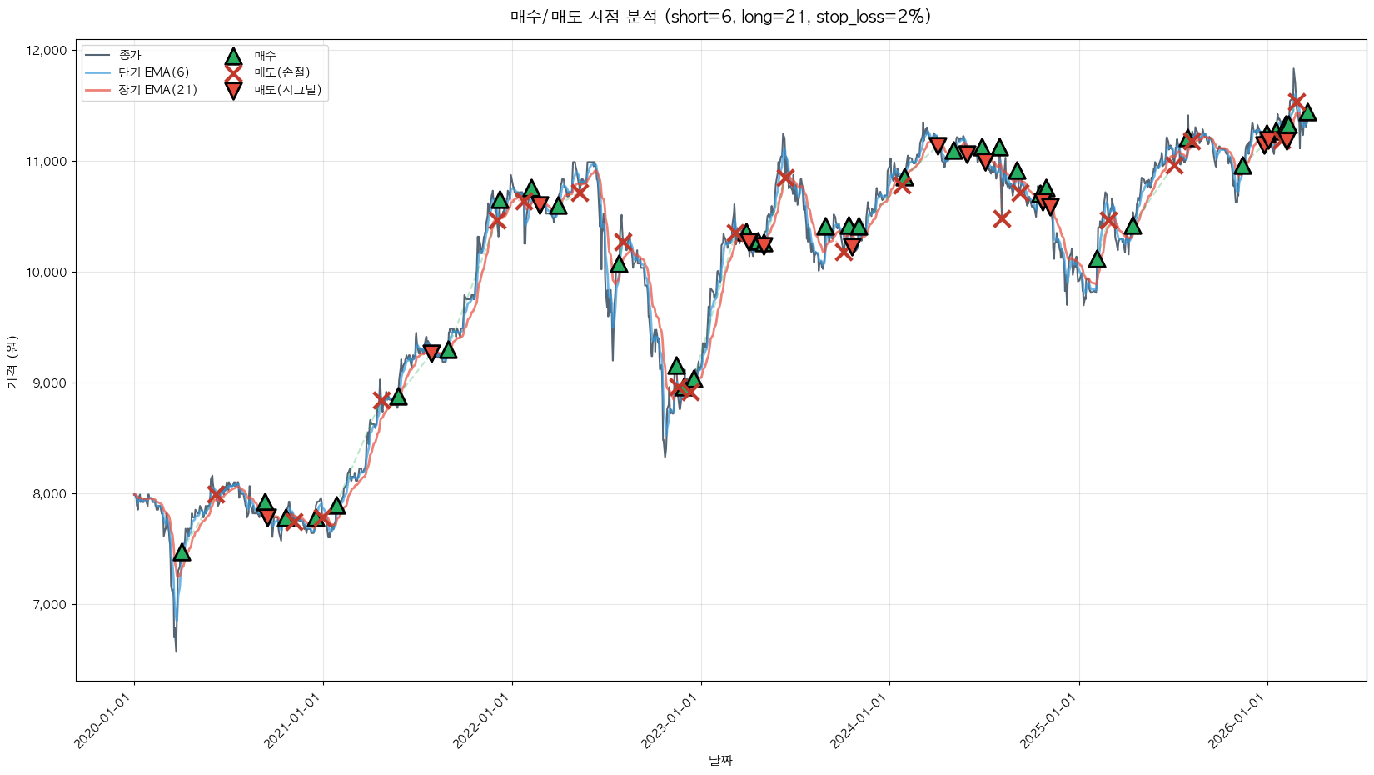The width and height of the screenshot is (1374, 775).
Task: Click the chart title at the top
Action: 720,17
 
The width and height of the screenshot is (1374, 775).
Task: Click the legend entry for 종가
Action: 130,55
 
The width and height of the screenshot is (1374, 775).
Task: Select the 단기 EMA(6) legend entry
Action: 153,72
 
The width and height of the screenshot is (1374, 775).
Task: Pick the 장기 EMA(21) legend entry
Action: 157,90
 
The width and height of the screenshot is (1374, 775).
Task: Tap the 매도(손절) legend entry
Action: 281,72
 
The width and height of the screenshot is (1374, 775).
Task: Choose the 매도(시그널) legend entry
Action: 287,90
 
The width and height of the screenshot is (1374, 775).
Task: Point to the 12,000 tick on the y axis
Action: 47,51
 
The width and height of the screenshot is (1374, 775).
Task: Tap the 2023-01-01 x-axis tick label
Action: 671,722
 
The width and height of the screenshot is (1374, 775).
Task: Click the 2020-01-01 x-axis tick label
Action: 104,722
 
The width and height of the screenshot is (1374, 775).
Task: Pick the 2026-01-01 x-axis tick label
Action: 1237,722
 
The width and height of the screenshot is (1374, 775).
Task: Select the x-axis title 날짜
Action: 720,760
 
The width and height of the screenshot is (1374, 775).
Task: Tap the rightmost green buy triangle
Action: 1307,112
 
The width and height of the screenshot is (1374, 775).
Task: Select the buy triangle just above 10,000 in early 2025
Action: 1097,259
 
